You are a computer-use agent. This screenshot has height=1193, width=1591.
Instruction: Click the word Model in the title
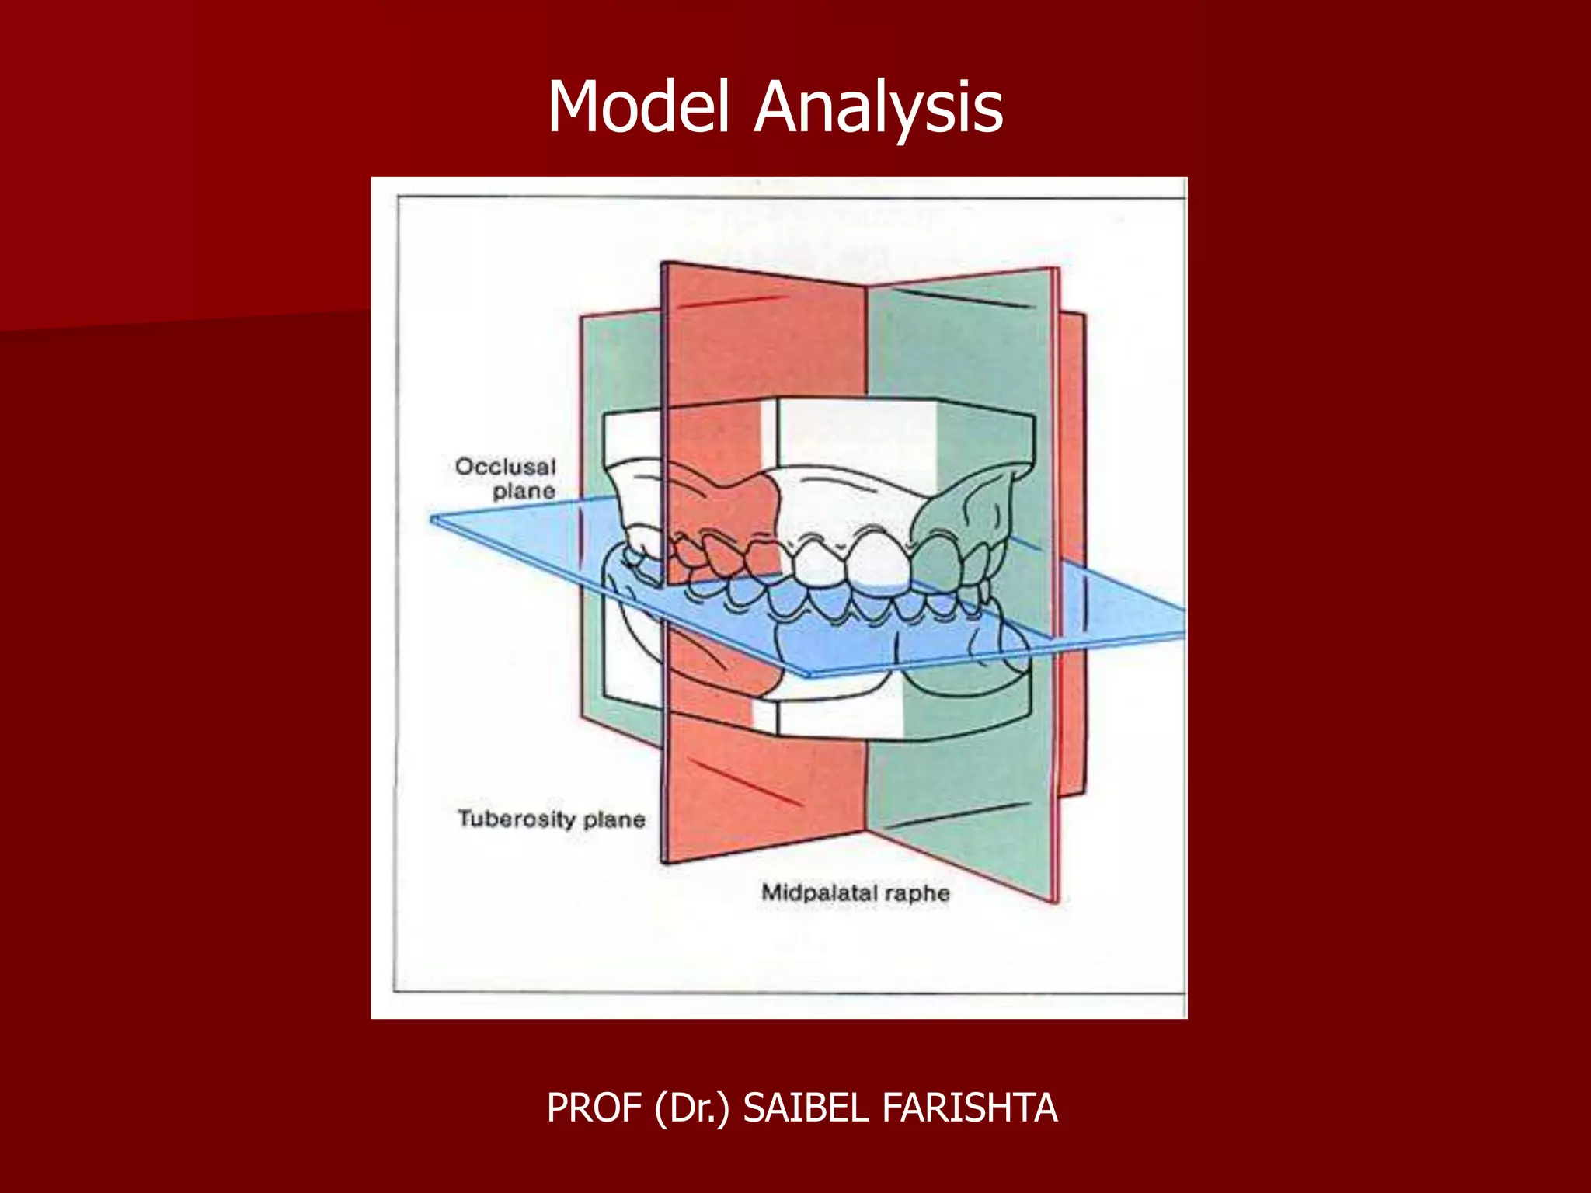(639, 107)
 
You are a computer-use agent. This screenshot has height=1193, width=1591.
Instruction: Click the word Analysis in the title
(879, 107)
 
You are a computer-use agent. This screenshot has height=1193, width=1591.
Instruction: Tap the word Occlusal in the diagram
(506, 466)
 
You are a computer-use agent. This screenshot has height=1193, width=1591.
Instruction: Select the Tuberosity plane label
(551, 819)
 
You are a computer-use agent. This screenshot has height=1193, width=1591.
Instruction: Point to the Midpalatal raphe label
(855, 892)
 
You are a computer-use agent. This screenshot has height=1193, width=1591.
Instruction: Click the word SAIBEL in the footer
(805, 1108)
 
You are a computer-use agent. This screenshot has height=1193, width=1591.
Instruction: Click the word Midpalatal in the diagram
(819, 892)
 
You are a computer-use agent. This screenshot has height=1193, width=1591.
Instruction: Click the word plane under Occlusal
(524, 491)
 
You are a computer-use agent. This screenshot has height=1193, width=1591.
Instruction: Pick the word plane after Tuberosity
(614, 819)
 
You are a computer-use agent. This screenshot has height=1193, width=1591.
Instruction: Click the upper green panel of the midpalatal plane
(959, 350)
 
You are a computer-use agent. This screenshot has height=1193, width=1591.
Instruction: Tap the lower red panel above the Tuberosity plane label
(765, 784)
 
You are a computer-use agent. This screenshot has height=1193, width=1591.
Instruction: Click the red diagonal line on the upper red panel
(730, 302)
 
